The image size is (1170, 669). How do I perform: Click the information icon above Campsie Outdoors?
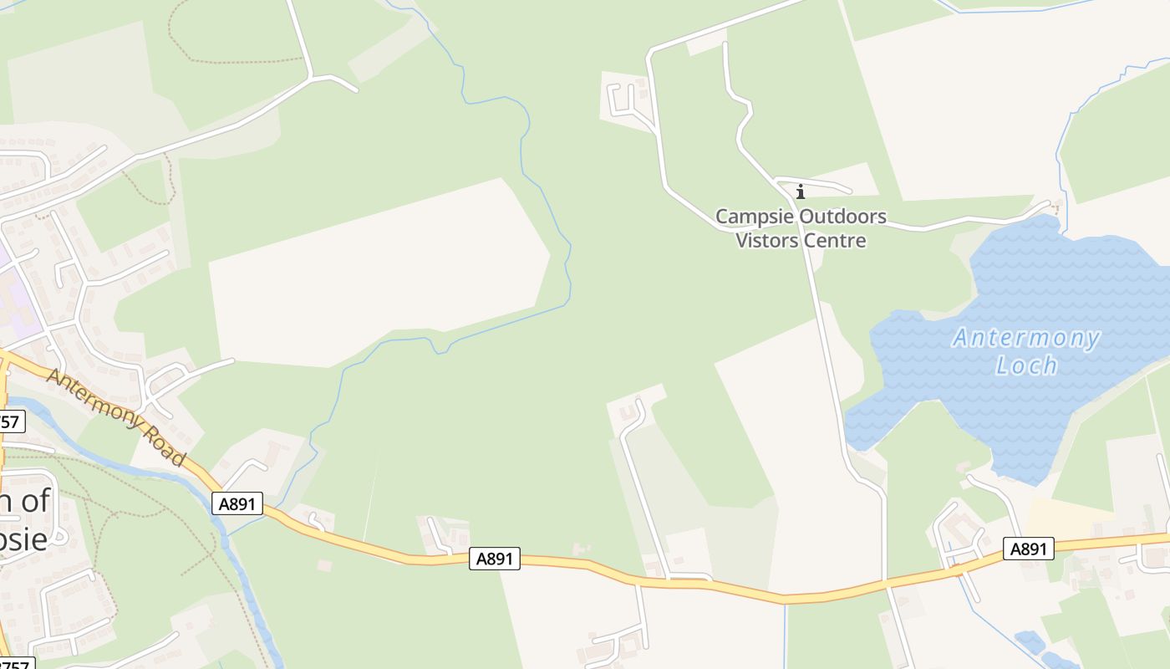pyautogui.click(x=800, y=192)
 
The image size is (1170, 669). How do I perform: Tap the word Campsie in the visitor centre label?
pyautogui.click(x=754, y=217)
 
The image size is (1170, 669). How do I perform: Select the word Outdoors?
pyautogui.click(x=842, y=217)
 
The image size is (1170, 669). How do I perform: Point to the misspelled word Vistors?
pyautogui.click(x=766, y=241)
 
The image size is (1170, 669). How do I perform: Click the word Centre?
pyautogui.click(x=834, y=241)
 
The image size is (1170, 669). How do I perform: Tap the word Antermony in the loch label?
pyautogui.click(x=1026, y=339)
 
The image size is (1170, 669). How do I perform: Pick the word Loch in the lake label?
pyautogui.click(x=1027, y=365)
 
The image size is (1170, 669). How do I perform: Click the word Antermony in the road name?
pyautogui.click(x=92, y=400)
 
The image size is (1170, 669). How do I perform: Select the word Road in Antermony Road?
pyautogui.click(x=164, y=444)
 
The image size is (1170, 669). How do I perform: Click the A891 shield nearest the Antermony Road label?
pyautogui.click(x=237, y=503)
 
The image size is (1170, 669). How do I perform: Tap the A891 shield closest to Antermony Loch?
pyautogui.click(x=1028, y=549)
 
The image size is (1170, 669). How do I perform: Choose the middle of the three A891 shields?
pyautogui.click(x=494, y=559)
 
